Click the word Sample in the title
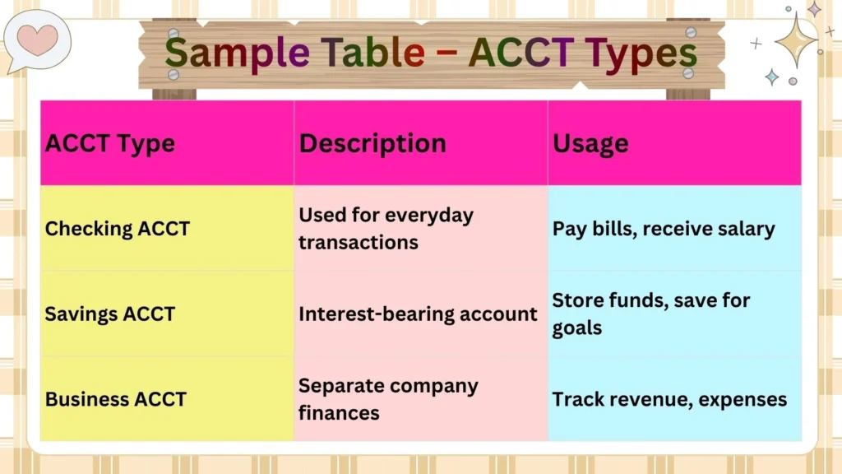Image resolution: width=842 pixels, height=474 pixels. coord(237,53)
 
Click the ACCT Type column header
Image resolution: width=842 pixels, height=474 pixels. coord(109,143)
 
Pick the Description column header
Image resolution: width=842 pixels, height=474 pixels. coord(372,143)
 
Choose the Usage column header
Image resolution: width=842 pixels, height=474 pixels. coord(590,143)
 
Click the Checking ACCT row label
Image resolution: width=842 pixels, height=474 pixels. coord(117,229)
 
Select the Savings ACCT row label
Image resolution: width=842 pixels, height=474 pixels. coord(109,314)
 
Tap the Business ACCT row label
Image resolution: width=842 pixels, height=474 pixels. coord(115,400)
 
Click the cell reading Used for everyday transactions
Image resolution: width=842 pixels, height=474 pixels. coord(386,229)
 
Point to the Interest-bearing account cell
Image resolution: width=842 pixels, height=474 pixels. coord(418,314)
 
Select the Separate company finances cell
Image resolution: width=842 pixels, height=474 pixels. coord(388,399)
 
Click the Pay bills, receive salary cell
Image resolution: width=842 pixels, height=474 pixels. coord(664,229)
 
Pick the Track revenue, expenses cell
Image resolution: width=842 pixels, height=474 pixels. coord(669,400)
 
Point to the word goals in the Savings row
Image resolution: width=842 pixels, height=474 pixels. coord(577,328)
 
